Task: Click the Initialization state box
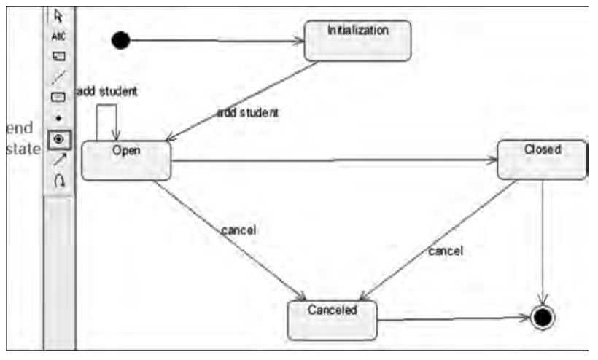point(357,41)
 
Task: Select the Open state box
point(126,160)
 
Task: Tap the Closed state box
point(542,160)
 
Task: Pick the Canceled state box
point(333,320)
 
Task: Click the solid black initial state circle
point(121,40)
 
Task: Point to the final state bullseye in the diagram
point(543,317)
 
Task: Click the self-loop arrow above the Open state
point(106,106)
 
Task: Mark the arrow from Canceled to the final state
point(452,318)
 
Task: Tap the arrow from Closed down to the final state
point(543,240)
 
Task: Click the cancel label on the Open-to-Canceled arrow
point(238,230)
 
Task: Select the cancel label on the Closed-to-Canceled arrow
point(446,251)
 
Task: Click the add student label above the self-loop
point(107,92)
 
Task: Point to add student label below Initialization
point(249,113)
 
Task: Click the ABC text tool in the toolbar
point(59,35)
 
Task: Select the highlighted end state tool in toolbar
point(59,138)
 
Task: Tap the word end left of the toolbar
point(20,128)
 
